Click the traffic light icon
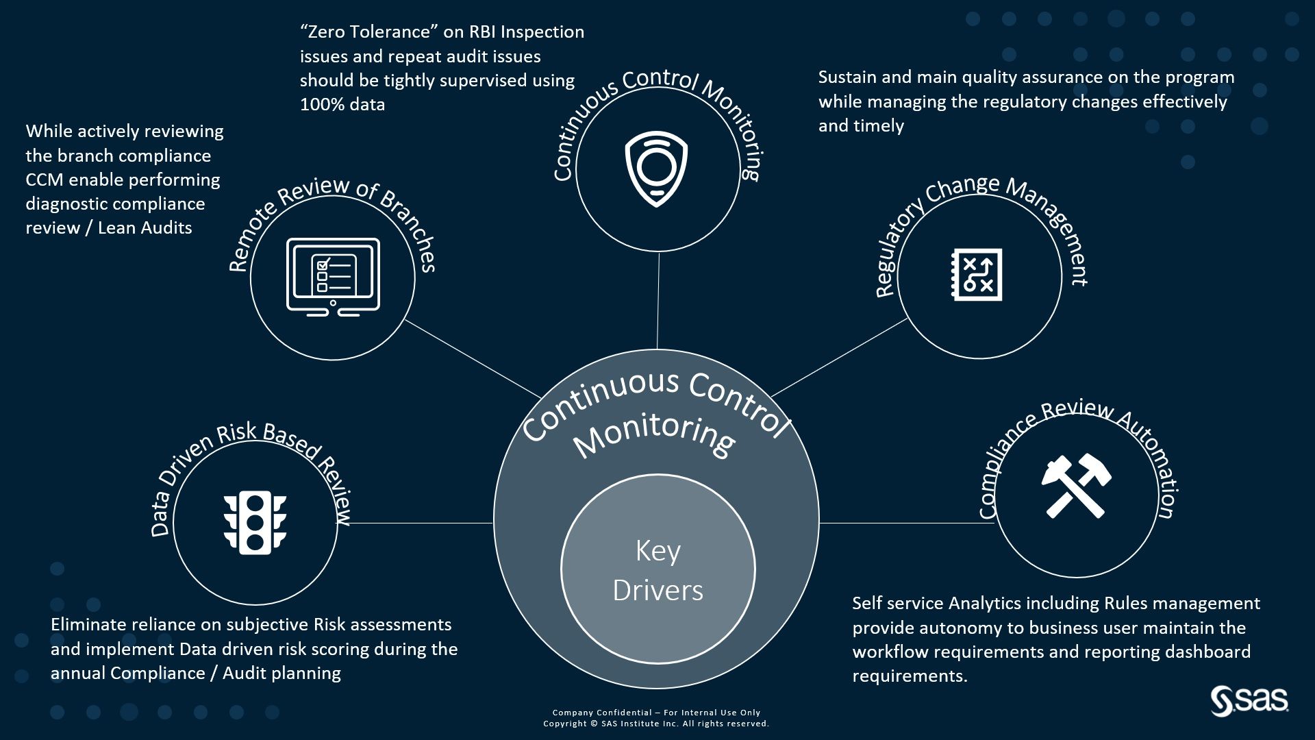pyautogui.click(x=255, y=522)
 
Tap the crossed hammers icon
pyautogui.click(x=1076, y=486)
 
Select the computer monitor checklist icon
pyautogui.click(x=333, y=277)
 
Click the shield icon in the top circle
pyautogui.click(x=656, y=169)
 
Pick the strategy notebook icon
pyautogui.click(x=977, y=275)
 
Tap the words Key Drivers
pyautogui.click(x=657, y=570)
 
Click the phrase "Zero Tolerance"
pyautogui.click(x=364, y=32)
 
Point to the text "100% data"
pyautogui.click(x=342, y=105)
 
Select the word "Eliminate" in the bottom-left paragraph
pyautogui.click(x=88, y=625)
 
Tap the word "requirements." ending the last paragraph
pyautogui.click(x=910, y=676)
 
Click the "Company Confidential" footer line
pyautogui.click(x=656, y=713)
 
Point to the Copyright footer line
pyautogui.click(x=656, y=724)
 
